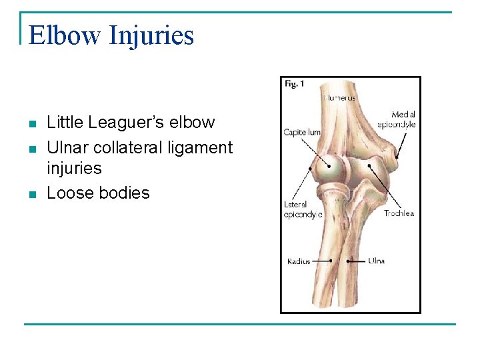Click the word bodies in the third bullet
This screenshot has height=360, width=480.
click(x=124, y=193)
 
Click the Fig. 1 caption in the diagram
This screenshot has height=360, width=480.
click(x=294, y=84)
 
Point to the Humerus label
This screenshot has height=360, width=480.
click(x=340, y=98)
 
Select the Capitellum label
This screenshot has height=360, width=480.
click(x=302, y=132)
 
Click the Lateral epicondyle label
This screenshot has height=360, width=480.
click(x=303, y=209)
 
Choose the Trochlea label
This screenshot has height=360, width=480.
click(x=399, y=213)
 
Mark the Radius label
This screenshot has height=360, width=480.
click(x=299, y=261)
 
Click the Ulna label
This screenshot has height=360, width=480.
click(x=376, y=261)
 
